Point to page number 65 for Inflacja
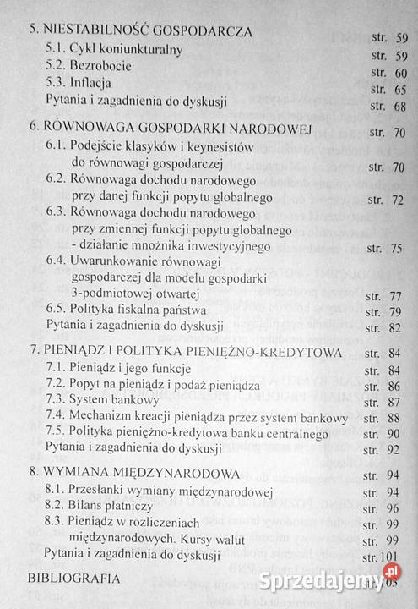coord(399,90)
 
